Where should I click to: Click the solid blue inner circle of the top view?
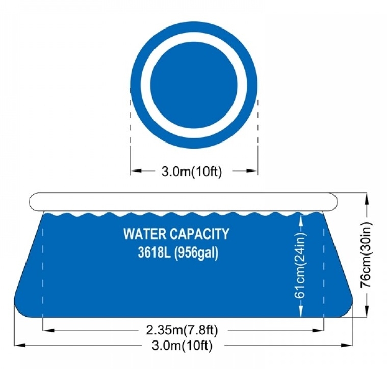[194, 84]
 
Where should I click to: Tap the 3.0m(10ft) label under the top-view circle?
[192, 172]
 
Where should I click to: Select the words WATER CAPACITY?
[176, 234]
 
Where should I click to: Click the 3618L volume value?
[154, 252]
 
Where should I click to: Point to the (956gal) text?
[196, 253]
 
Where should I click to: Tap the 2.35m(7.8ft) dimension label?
[182, 330]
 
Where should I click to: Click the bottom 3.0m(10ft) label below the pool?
[182, 346]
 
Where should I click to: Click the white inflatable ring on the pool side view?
[183, 202]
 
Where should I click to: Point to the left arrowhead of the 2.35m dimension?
[48, 330]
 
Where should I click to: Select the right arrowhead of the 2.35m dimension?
[318, 330]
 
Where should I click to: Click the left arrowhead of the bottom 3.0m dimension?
[20, 346]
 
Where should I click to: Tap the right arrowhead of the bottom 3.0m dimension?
[346, 346]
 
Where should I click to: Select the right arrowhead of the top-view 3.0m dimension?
[251, 171]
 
